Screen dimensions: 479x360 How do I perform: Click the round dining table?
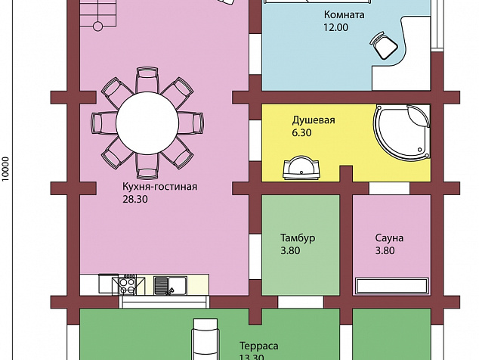click(147, 123)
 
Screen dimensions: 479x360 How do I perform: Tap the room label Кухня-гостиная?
click(159, 186)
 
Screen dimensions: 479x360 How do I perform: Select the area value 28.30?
click(135, 199)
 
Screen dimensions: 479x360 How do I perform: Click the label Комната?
click(345, 14)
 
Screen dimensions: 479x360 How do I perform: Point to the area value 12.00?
click(336, 27)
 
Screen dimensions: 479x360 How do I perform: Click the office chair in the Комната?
click(384, 45)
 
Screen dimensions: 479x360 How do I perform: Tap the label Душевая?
click(314, 120)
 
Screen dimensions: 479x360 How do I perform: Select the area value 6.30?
click(301, 133)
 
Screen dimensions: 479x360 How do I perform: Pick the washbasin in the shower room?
click(301, 168)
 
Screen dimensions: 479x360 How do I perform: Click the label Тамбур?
click(298, 237)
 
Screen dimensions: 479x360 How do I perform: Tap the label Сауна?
click(389, 237)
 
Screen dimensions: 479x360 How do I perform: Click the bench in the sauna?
click(392, 286)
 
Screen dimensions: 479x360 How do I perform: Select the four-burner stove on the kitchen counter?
click(127, 285)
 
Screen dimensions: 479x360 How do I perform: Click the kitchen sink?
click(170, 285)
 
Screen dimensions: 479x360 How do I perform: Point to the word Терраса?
click(259, 346)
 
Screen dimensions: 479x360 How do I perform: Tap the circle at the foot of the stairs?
click(97, 26)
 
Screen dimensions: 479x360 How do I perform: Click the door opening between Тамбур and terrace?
click(301, 302)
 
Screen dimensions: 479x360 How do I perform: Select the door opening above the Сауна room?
click(390, 188)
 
